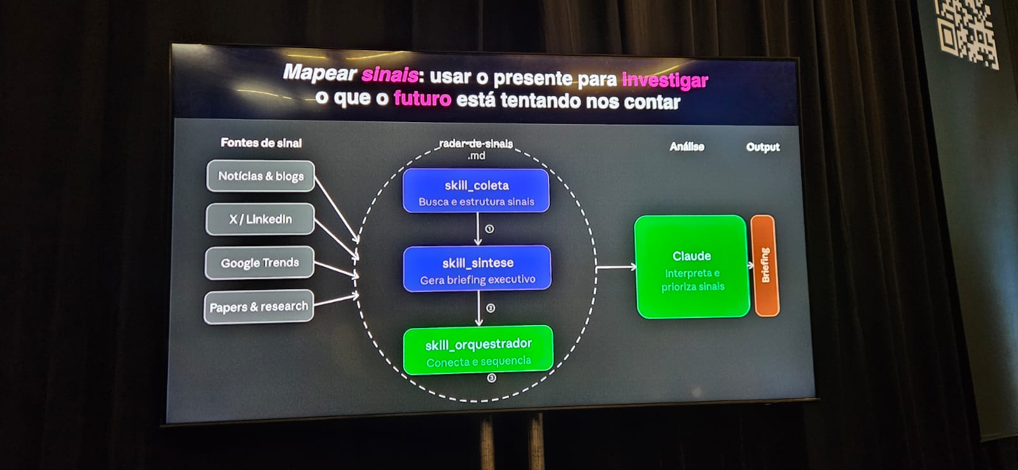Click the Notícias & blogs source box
click(260, 176)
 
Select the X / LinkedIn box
click(260, 219)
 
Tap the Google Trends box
click(260, 263)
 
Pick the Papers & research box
click(258, 307)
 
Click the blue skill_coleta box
click(477, 191)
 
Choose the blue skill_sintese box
click(477, 269)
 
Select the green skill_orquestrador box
click(478, 350)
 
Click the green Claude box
click(692, 267)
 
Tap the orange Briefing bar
click(765, 266)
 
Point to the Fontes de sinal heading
click(261, 142)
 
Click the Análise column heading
click(687, 146)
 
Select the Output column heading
click(763, 147)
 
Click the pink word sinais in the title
click(390, 74)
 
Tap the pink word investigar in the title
click(666, 80)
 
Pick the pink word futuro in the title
click(422, 98)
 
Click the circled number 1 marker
click(489, 229)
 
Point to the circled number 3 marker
click(492, 378)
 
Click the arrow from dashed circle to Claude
click(617, 268)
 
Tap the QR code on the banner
click(967, 32)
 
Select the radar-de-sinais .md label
click(477, 149)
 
